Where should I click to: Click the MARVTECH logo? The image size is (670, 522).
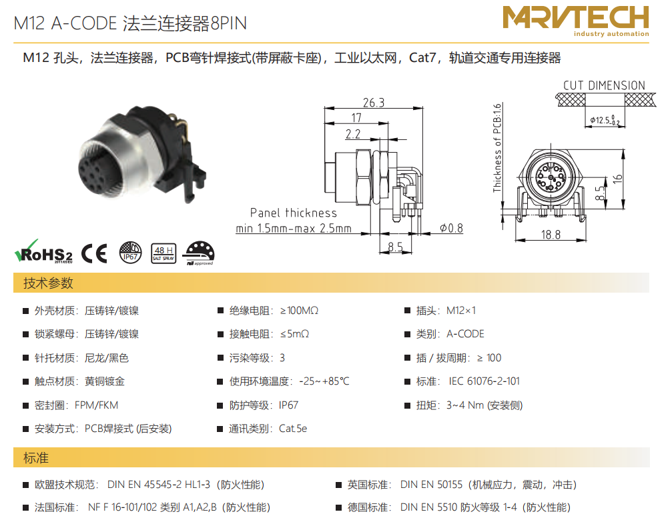pyautogui.click(x=575, y=21)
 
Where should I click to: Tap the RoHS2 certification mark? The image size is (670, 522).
pyautogui.click(x=43, y=252)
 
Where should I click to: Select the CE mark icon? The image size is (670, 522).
pyautogui.click(x=94, y=253)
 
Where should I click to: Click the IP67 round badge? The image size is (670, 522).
pyautogui.click(x=130, y=253)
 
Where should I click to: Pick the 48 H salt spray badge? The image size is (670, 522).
pyautogui.click(x=163, y=253)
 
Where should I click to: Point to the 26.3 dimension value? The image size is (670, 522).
pyautogui.click(x=374, y=103)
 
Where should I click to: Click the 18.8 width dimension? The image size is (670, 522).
pyautogui.click(x=551, y=235)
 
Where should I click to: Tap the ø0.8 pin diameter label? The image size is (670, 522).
pyautogui.click(x=452, y=229)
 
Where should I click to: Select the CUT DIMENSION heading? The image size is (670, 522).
pyautogui.click(x=604, y=85)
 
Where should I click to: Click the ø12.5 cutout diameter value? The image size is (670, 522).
pyautogui.click(x=605, y=120)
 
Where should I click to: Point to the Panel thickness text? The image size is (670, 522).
pyautogui.click(x=294, y=213)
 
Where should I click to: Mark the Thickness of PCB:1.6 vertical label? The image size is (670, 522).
pyautogui.click(x=497, y=148)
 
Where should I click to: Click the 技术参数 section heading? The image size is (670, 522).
pyautogui.click(x=48, y=283)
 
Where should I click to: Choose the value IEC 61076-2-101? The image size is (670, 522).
pyautogui.click(x=484, y=381)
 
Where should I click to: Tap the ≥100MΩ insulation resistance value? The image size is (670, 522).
pyautogui.click(x=299, y=310)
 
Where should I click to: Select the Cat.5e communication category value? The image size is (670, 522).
pyautogui.click(x=293, y=429)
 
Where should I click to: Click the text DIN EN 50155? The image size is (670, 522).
pyautogui.click(x=431, y=485)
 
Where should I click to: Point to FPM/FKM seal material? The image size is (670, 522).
pyautogui.click(x=97, y=405)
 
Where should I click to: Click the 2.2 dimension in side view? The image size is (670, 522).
pyautogui.click(x=353, y=134)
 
